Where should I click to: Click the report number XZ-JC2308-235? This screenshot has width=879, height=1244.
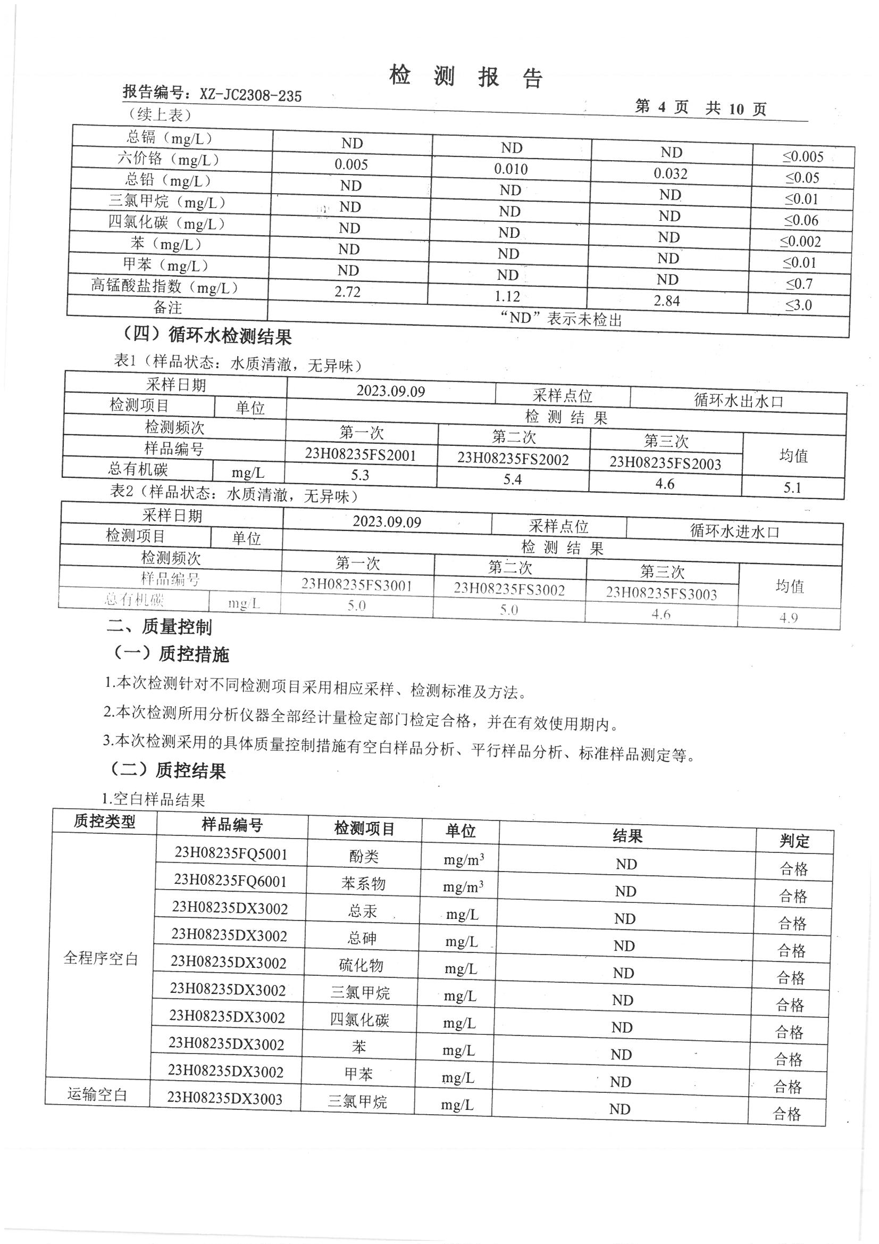(250, 96)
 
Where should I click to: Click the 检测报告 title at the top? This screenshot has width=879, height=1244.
(465, 77)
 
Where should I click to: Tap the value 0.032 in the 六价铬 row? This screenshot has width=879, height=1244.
(670, 173)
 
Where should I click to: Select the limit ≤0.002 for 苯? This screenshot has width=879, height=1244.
(800, 242)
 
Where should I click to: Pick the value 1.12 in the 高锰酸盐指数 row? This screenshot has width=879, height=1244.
(507, 296)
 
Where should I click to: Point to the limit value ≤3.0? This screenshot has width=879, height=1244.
(799, 305)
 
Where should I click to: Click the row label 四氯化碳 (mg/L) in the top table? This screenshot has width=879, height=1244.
(166, 223)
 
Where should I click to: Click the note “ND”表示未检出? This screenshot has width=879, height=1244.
(561, 319)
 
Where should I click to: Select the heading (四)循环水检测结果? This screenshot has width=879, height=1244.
(206, 336)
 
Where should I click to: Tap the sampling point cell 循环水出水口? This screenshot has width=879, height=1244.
(738, 401)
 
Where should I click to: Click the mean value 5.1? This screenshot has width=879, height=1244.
(792, 487)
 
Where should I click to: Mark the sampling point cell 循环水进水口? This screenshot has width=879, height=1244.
(734, 532)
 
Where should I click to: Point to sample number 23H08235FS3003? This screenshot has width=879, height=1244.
(662, 593)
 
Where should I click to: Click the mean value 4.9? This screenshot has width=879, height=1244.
(789, 618)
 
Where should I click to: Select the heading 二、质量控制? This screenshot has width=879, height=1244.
(159, 627)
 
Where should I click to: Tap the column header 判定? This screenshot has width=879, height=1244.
(794, 841)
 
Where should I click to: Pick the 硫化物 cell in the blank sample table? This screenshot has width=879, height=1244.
(361, 965)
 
